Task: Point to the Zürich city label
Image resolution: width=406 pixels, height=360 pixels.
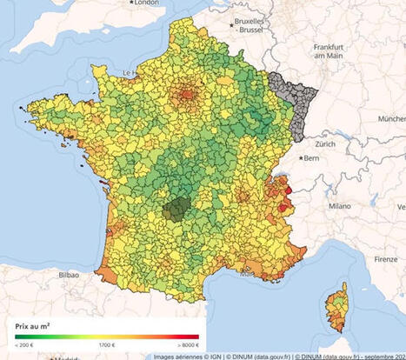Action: coord(326,143)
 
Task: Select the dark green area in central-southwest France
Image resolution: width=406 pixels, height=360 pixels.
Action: coord(177,209)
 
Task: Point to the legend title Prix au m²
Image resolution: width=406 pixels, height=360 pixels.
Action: coord(32,326)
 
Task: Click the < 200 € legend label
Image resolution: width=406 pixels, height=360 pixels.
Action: coord(24,345)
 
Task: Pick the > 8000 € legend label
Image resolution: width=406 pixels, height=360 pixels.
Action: coord(186,345)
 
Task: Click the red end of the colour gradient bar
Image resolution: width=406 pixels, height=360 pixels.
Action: coord(195,337)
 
